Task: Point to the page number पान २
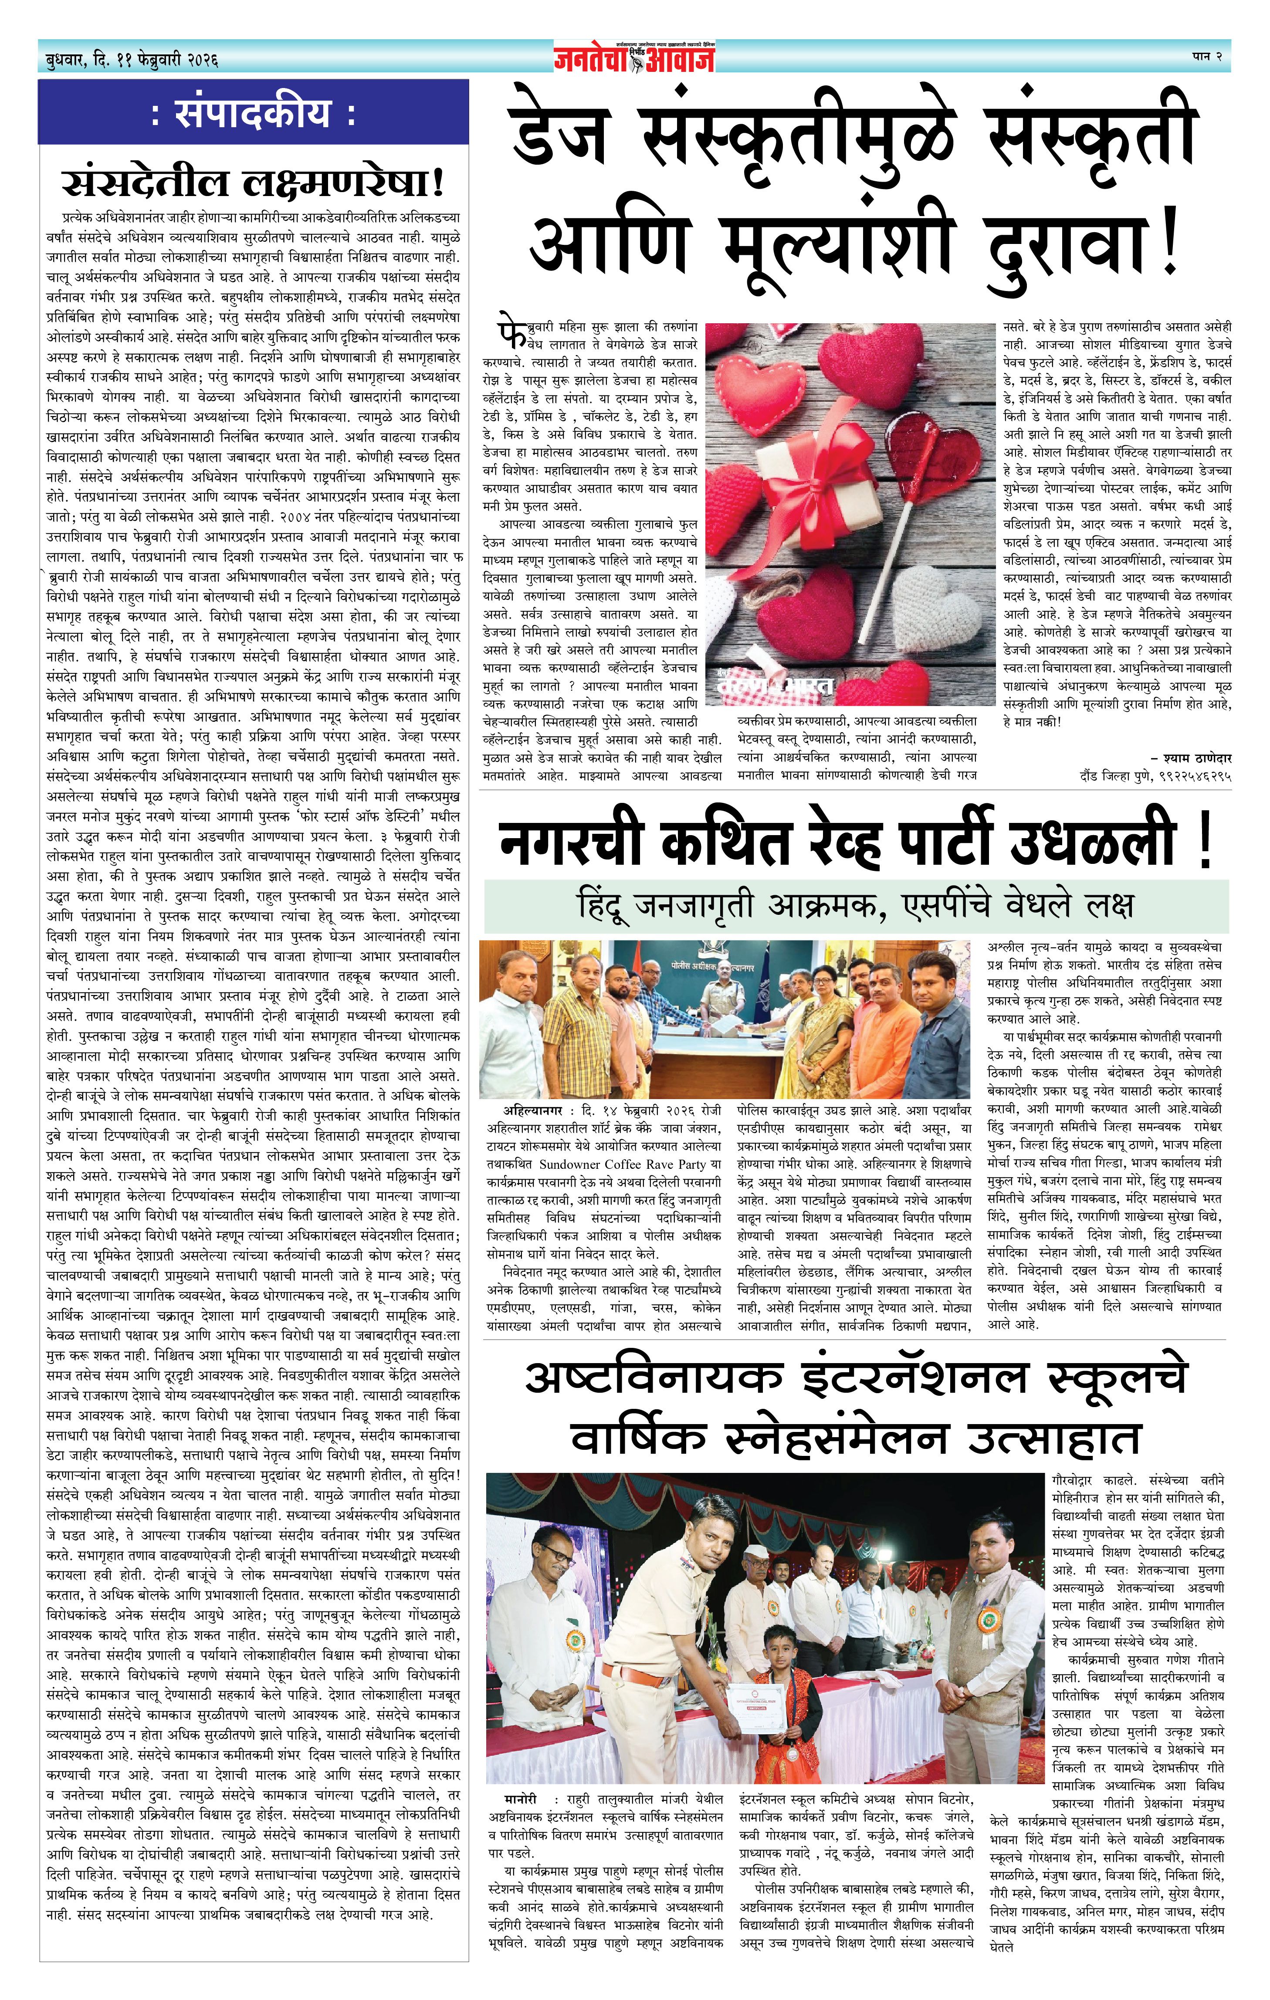1204,57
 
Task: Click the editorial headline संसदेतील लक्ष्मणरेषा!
253,183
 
